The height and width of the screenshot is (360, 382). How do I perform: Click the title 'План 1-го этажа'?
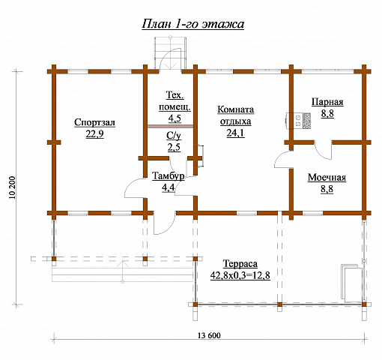coord(193,24)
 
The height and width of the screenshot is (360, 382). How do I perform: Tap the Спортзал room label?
coord(94,122)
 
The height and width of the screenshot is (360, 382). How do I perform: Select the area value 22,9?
coord(94,134)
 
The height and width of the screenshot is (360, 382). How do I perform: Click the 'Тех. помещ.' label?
coord(175,101)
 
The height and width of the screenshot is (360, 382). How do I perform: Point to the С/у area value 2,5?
coord(174,148)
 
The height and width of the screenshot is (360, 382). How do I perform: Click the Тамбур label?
coord(169,176)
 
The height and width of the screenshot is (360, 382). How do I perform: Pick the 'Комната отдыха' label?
coord(236,115)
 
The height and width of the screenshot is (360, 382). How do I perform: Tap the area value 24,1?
coord(236,133)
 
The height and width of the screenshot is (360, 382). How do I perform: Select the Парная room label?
coord(327,102)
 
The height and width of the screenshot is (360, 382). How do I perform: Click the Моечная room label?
coord(327,178)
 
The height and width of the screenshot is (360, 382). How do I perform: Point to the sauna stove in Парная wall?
coord(298,121)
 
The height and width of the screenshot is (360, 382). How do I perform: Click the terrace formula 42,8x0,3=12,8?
coord(240,275)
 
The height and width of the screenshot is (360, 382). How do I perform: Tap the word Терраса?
coord(240,264)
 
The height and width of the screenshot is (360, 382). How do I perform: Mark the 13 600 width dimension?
coord(209,335)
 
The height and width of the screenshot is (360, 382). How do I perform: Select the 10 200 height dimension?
coord(13,187)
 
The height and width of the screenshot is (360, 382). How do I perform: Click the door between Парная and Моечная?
coord(323,150)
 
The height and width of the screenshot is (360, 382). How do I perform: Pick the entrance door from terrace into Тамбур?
coord(164,224)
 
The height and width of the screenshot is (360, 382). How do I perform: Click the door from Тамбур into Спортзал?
coord(135,188)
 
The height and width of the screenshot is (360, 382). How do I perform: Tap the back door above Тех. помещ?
coord(171,59)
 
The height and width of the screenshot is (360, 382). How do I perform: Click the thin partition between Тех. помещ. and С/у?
coord(170,127)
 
